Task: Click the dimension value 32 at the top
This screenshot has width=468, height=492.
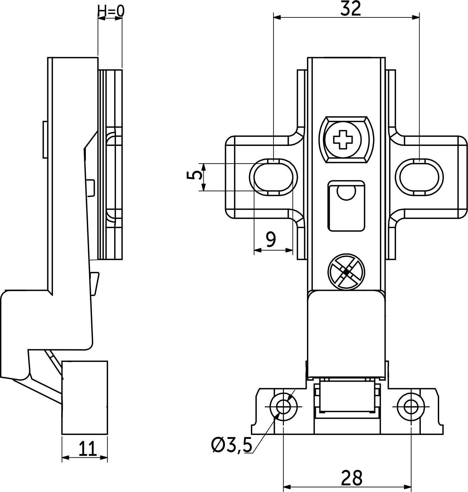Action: click(x=350, y=9)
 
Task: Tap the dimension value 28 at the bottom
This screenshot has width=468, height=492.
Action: click(x=352, y=478)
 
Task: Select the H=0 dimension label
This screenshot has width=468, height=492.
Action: click(x=111, y=11)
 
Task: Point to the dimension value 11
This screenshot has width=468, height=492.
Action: click(x=87, y=449)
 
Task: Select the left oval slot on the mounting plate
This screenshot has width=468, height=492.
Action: click(x=273, y=177)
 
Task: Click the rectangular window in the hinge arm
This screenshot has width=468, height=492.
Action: click(x=346, y=206)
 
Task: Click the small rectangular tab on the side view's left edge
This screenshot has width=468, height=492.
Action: click(x=45, y=139)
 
